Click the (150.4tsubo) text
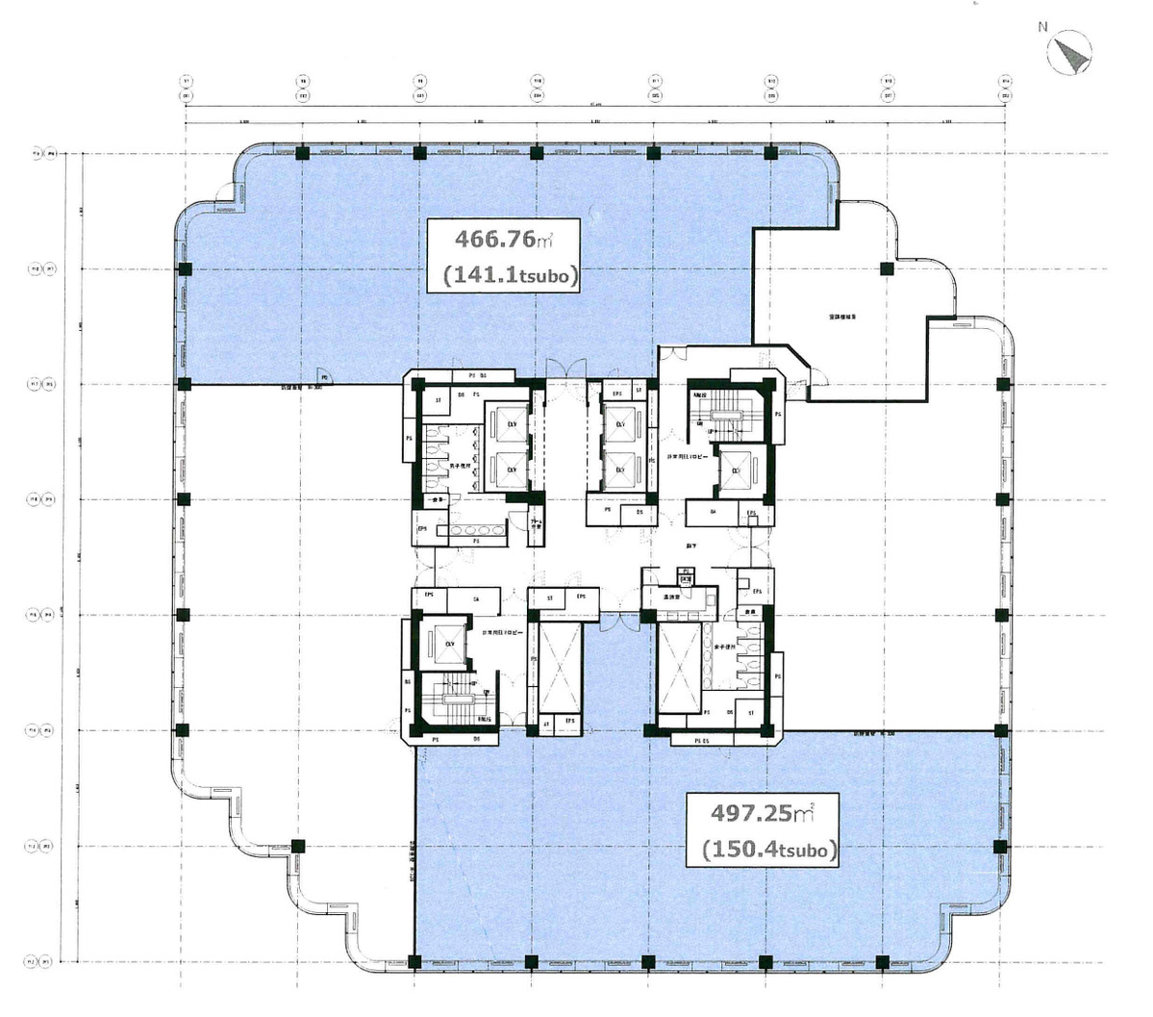tap(768, 850)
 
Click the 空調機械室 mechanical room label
tap(843, 316)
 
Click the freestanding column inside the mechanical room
tap(886, 268)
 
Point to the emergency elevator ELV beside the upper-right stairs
tap(737, 471)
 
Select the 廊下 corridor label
tap(718, 545)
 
